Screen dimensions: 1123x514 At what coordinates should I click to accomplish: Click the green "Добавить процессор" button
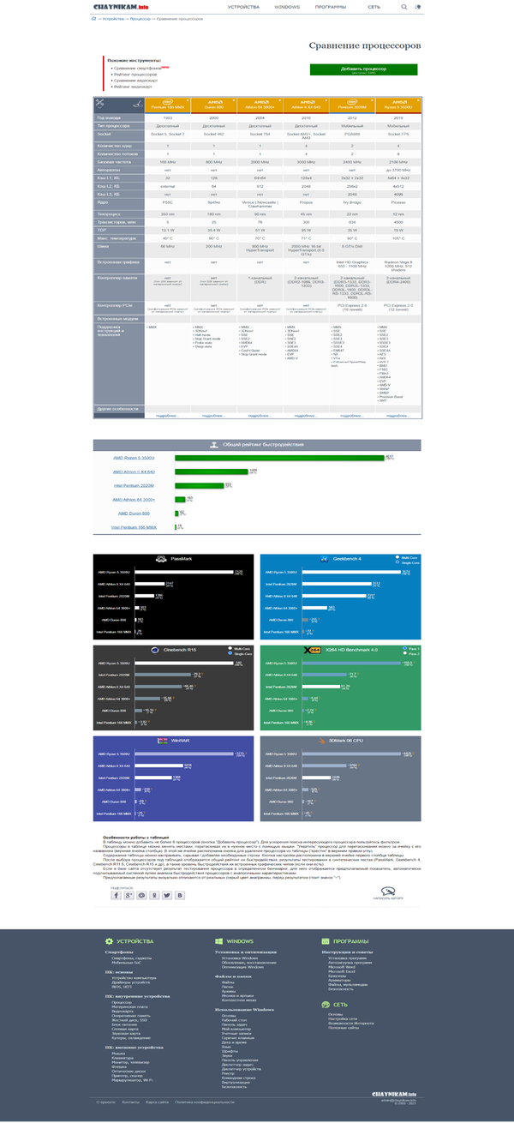(x=363, y=69)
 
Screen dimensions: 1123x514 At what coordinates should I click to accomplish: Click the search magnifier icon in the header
(x=404, y=7)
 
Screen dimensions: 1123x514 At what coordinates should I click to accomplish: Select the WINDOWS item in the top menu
(x=288, y=7)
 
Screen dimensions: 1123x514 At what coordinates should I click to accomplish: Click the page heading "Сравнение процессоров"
(x=365, y=45)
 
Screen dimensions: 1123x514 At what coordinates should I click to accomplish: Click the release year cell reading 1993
(x=167, y=117)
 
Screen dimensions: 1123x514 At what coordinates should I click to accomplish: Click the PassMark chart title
(x=182, y=560)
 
